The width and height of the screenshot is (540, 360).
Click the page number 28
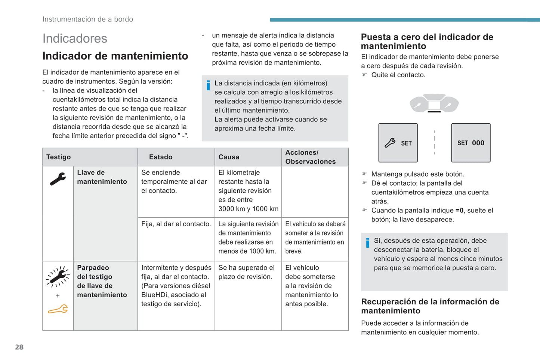(19, 347)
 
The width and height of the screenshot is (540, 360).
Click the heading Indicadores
(75, 38)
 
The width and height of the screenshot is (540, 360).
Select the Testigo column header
(58, 157)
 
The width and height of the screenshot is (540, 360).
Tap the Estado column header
(161, 157)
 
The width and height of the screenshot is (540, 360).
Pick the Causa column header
(229, 157)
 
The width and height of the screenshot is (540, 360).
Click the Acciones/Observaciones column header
(310, 157)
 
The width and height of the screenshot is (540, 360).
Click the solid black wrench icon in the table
(58, 179)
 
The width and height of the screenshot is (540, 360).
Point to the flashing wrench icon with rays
(58, 276)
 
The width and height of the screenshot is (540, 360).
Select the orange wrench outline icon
(58, 309)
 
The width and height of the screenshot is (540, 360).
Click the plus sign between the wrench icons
(58, 296)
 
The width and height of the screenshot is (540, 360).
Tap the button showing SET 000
(470, 143)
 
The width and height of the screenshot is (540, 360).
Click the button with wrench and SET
(398, 143)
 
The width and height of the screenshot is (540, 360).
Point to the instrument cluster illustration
(434, 103)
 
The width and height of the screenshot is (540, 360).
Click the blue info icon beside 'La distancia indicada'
(208, 86)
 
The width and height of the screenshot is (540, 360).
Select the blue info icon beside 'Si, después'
(368, 243)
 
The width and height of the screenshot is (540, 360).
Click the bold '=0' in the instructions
(459, 210)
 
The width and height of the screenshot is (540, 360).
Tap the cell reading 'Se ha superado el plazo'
(246, 272)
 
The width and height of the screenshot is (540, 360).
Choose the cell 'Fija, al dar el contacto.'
(176, 224)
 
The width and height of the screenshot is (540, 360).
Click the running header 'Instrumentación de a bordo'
(88, 19)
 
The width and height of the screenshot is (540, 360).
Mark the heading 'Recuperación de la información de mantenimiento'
(430, 306)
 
